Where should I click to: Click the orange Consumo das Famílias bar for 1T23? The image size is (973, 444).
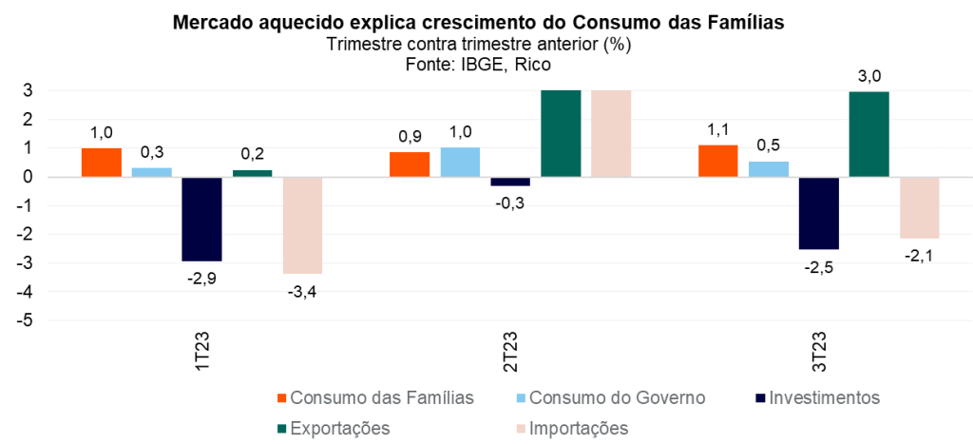tap(102, 163)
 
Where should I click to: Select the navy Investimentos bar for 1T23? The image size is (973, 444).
tap(201, 219)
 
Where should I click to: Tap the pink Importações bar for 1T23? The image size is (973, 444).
tap(302, 225)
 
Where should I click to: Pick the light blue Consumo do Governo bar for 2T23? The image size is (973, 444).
tap(460, 163)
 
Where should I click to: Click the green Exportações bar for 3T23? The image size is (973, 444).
tap(868, 134)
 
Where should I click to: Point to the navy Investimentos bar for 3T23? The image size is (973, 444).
tap(818, 213)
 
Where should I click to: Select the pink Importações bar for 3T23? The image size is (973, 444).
tap(919, 207)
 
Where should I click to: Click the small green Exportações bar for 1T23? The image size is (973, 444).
tap(252, 173)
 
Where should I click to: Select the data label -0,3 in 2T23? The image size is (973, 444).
tap(510, 202)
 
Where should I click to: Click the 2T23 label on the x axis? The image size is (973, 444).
tap(511, 352)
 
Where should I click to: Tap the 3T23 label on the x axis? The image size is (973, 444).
tap(819, 352)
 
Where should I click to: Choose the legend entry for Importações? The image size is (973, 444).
tap(577, 428)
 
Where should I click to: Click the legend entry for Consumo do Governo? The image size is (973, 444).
tap(617, 396)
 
